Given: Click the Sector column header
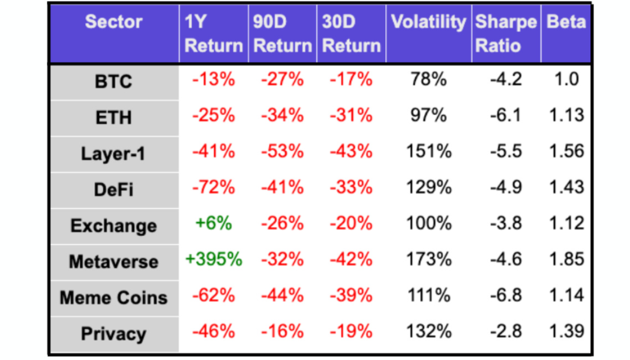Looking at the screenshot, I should point(113,22).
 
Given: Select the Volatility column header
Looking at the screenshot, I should point(428,22).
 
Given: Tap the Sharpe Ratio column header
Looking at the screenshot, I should point(505,34).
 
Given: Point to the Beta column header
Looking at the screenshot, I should point(566,22).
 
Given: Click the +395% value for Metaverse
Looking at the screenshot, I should point(214,259).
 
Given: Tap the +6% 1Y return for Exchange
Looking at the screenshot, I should point(214,223).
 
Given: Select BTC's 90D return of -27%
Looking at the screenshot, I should point(282,79).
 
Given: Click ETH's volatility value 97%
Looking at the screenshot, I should point(428,115).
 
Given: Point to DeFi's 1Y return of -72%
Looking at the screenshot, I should point(214,187).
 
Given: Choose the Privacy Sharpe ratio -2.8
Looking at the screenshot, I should point(505,331).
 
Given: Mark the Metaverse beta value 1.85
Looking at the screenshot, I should point(566,259).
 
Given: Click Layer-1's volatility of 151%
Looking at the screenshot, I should point(428,151).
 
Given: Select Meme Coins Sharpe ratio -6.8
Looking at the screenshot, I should point(505,295).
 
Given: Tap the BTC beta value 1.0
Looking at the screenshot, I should point(566,79).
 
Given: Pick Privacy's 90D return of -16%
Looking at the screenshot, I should point(282,331).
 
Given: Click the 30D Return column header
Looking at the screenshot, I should point(351,34).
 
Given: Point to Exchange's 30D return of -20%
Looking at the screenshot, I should point(351,223).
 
